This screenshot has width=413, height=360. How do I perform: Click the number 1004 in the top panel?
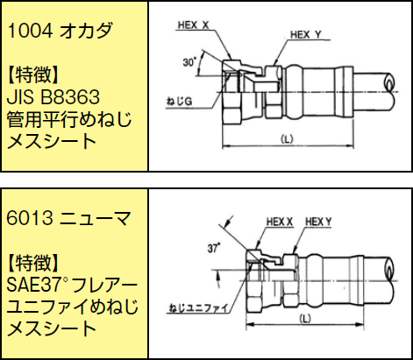(30, 31)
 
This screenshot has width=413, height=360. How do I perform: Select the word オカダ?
(86, 31)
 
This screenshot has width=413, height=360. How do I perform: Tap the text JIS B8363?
(53, 97)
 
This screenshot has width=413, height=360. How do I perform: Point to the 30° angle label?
(190, 62)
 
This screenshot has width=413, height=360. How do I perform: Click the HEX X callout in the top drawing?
(194, 25)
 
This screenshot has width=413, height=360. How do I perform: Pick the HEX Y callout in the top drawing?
(306, 35)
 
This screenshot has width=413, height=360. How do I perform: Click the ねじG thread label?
(179, 102)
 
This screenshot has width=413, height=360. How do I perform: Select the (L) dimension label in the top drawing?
(287, 139)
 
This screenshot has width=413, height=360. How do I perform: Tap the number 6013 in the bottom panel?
(30, 218)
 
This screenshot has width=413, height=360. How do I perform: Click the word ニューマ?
(95, 218)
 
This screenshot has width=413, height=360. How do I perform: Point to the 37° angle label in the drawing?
(214, 249)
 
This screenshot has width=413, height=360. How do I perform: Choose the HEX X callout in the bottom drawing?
(280, 222)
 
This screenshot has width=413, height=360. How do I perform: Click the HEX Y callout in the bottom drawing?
(318, 222)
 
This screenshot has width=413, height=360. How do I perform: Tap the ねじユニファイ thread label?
(198, 308)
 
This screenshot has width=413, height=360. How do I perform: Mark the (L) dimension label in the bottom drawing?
(305, 319)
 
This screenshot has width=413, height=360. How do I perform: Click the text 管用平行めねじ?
(69, 119)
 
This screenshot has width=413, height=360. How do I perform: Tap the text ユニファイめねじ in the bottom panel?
(72, 307)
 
